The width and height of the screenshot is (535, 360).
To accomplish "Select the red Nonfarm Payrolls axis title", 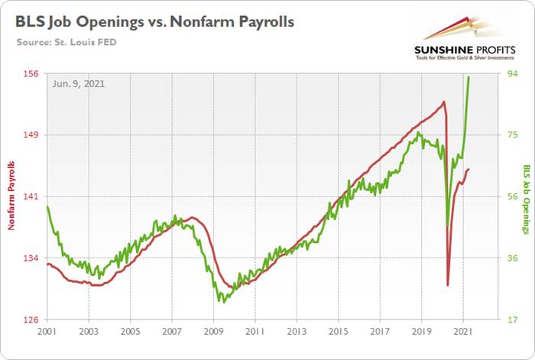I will pyautogui.click(x=11, y=196).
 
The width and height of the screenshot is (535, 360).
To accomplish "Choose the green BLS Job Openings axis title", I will pyautogui.click(x=527, y=199).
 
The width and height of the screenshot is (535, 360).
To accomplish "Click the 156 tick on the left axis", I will pyautogui.click(x=33, y=73).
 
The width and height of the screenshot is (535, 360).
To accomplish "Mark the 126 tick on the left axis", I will pyautogui.click(x=33, y=319).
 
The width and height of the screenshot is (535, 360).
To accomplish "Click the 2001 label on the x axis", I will pyautogui.click(x=47, y=332).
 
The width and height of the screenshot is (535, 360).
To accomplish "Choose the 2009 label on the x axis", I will pyautogui.click(x=213, y=332).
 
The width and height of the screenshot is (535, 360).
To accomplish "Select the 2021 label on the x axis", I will pyautogui.click(x=462, y=332).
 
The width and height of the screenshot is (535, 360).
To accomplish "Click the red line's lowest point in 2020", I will pyautogui.click(x=448, y=285).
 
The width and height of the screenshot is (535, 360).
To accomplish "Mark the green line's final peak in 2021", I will pyautogui.click(x=469, y=77).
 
